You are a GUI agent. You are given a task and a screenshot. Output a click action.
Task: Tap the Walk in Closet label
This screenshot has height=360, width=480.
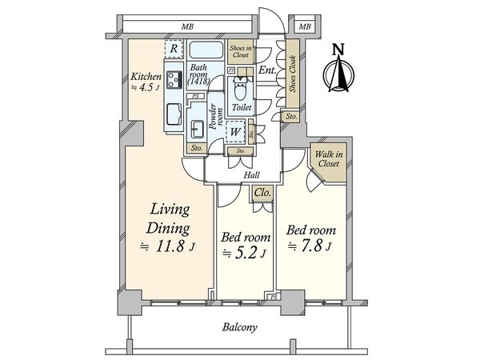tap(328, 158)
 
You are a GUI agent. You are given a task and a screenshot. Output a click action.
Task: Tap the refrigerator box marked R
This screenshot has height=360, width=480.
tap(174, 50)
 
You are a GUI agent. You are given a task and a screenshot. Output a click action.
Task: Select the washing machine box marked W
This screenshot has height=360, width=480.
tap(237, 132)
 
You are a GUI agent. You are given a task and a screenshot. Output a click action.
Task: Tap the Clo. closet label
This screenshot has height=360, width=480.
tap(262, 194)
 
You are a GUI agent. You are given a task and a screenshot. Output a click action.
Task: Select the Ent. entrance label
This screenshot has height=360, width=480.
tap(268, 71)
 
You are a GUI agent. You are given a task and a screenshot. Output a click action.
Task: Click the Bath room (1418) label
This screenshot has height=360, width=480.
tap(199, 75)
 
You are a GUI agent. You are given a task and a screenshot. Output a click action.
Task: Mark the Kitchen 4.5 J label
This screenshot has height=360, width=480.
tap(146, 82)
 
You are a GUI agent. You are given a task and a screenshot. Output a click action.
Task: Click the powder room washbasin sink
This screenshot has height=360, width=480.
tap(197, 129)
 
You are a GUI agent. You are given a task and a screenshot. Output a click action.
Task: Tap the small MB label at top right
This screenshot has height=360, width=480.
tap(304, 27)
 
